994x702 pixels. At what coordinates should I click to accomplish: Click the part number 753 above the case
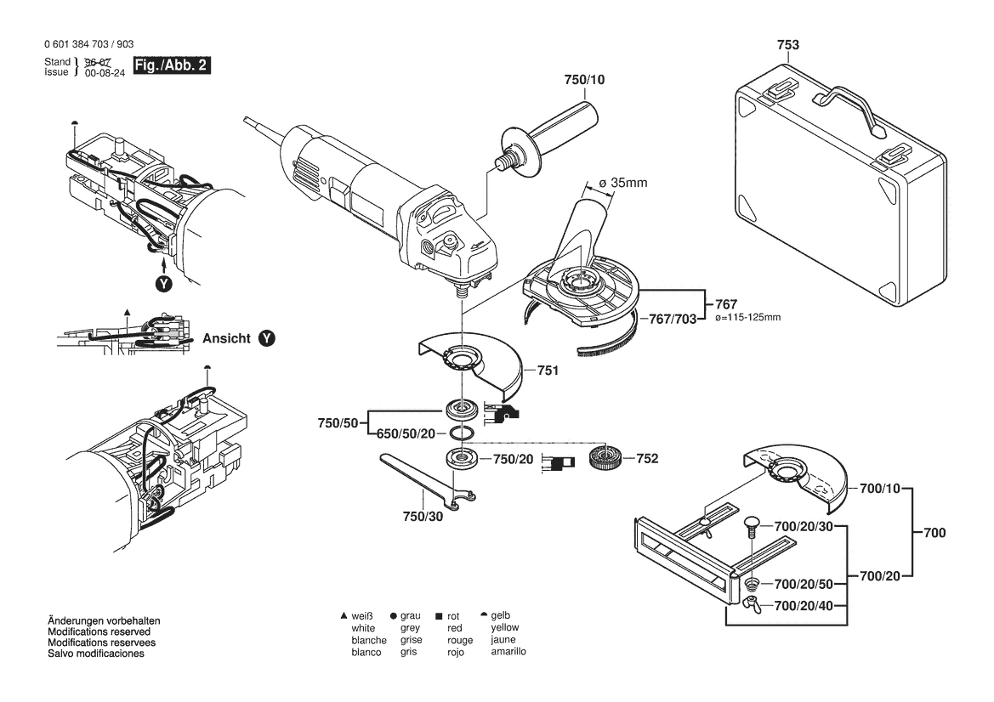(787, 45)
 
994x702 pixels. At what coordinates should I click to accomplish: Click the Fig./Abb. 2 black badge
(170, 65)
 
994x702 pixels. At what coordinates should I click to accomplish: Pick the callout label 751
(549, 371)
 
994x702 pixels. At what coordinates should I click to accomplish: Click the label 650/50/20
(406, 433)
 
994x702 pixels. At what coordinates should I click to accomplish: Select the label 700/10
(879, 490)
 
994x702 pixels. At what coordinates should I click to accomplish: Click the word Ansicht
(226, 338)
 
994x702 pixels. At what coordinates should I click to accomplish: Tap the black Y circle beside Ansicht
(267, 338)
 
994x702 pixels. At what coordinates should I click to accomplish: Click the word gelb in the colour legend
(501, 615)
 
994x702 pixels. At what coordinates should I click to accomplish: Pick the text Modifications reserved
(99, 632)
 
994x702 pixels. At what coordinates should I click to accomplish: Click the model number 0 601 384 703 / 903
(87, 44)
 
